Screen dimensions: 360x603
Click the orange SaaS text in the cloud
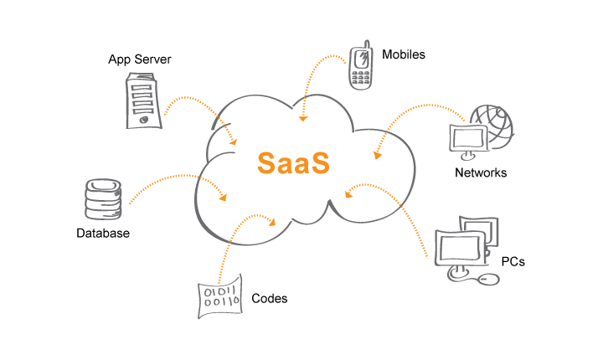pyautogui.click(x=292, y=162)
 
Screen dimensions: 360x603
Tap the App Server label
pyautogui.click(x=141, y=59)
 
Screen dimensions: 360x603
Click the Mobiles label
pyautogui.click(x=404, y=55)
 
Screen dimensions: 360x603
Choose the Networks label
pyautogui.click(x=481, y=173)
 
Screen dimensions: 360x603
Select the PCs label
pyautogui.click(x=513, y=261)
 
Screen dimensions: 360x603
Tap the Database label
pyautogui.click(x=103, y=233)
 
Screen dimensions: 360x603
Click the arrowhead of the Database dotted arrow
pyautogui.click(x=224, y=198)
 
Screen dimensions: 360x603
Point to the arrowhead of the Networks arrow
pyautogui.click(x=375, y=155)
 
